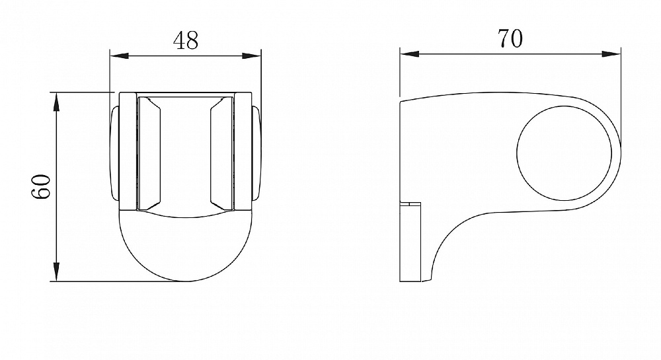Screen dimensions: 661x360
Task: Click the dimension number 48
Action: click(x=186, y=40)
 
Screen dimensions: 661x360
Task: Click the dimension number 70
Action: click(x=510, y=38)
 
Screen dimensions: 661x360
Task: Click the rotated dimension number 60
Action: click(x=41, y=186)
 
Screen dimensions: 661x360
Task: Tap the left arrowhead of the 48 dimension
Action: click(x=119, y=55)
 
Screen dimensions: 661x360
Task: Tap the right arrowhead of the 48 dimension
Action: click(x=252, y=55)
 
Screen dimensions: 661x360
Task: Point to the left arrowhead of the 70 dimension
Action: click(x=410, y=54)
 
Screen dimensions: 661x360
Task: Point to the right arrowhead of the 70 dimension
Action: click(x=611, y=54)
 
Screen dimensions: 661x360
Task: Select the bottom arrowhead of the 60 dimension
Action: click(x=56, y=271)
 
